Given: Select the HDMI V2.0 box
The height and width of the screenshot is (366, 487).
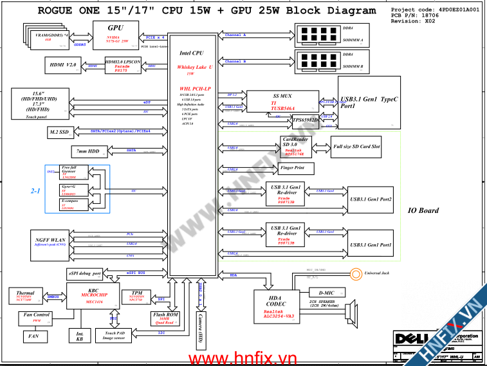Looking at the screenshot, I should [62, 65].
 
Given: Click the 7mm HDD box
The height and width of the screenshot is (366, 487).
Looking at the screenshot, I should [85, 152].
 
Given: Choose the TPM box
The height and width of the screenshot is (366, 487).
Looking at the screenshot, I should [136, 297].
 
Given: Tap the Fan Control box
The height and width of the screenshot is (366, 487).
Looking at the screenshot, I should [37, 317].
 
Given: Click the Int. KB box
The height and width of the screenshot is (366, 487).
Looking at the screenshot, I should [80, 335].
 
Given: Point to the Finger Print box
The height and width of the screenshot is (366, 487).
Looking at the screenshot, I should [296, 169].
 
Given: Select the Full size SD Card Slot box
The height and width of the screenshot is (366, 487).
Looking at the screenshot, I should [356, 147].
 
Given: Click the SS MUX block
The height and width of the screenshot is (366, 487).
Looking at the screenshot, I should [282, 102].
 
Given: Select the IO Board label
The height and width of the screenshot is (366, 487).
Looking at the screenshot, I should [423, 210].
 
